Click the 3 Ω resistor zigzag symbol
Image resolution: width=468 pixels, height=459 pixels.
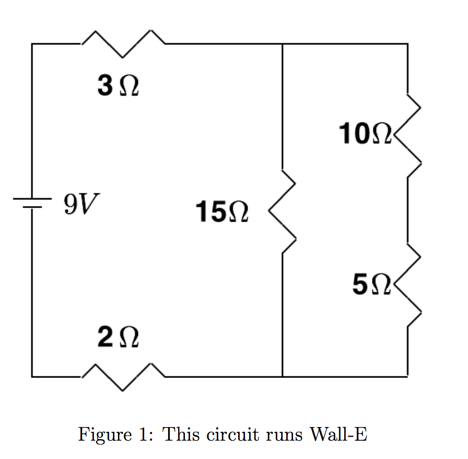point(124,44)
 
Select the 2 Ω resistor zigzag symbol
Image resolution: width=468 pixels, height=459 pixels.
point(124,376)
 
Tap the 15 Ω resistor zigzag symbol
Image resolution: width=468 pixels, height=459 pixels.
point(283,212)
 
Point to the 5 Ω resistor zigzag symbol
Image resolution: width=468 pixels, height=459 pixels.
point(408,285)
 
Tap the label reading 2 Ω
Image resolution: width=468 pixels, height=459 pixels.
point(118,339)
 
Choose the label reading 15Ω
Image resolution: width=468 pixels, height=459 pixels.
point(221,213)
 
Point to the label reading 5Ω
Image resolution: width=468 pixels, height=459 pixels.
point(371,285)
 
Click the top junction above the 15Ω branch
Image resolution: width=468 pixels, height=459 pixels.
point(283,44)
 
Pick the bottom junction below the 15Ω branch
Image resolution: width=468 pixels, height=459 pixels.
point(283,376)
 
